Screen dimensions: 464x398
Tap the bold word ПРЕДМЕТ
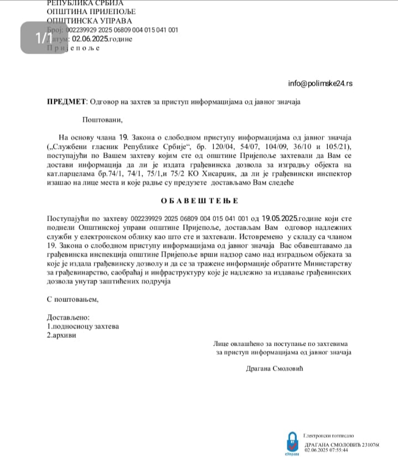(66, 101)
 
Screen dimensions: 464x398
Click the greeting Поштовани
(102, 119)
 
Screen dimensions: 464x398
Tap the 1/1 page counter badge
(44, 38)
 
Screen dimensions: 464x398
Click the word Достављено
(68, 317)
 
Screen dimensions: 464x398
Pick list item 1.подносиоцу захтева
(82, 326)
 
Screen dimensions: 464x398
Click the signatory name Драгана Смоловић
(275, 368)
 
